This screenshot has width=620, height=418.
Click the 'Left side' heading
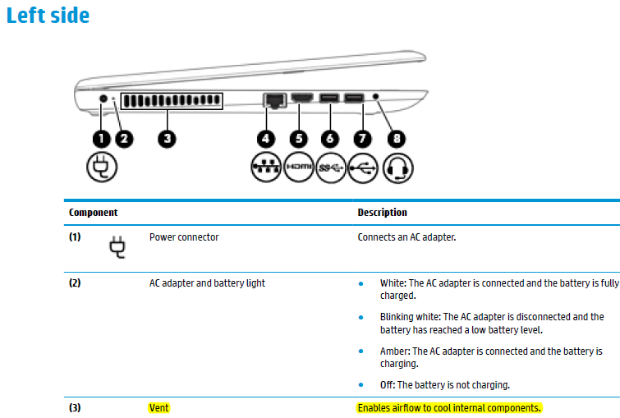(x=48, y=16)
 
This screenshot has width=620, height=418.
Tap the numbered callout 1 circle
(x=102, y=139)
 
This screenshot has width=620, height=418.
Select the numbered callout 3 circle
(x=167, y=139)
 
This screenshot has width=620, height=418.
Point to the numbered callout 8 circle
(x=397, y=139)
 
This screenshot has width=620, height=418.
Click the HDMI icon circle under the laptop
(x=299, y=168)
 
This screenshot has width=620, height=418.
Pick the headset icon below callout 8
(x=398, y=168)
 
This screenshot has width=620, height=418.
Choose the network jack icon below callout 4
(x=266, y=168)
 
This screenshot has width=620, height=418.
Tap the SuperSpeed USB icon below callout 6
(x=331, y=168)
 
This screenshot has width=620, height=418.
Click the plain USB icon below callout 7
(x=363, y=168)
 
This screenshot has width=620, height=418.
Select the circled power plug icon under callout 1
(x=102, y=167)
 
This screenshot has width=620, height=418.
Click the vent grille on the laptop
(x=172, y=101)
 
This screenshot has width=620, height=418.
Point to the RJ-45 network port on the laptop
(x=275, y=100)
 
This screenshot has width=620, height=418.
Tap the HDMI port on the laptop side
(x=302, y=97)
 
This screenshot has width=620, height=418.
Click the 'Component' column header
(x=94, y=213)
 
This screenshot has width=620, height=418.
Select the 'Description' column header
(x=383, y=213)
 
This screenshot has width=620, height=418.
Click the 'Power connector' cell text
(x=184, y=237)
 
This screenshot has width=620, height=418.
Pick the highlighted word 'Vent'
(x=159, y=407)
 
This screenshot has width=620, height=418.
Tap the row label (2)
(x=75, y=283)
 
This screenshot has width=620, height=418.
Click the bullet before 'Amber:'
(x=361, y=351)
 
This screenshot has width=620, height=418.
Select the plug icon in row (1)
(x=117, y=247)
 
